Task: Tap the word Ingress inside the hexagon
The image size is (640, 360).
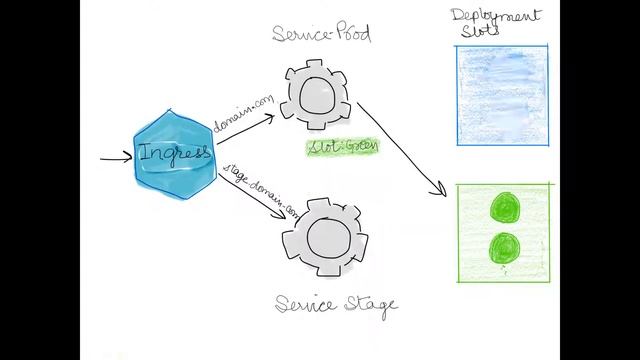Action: pos(175,154)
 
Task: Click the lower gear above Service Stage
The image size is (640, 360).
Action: pos(321,239)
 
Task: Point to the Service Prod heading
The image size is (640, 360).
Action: pos(321,36)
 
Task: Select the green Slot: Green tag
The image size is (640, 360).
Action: pos(342,147)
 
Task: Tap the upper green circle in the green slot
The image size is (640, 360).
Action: pos(502,209)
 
